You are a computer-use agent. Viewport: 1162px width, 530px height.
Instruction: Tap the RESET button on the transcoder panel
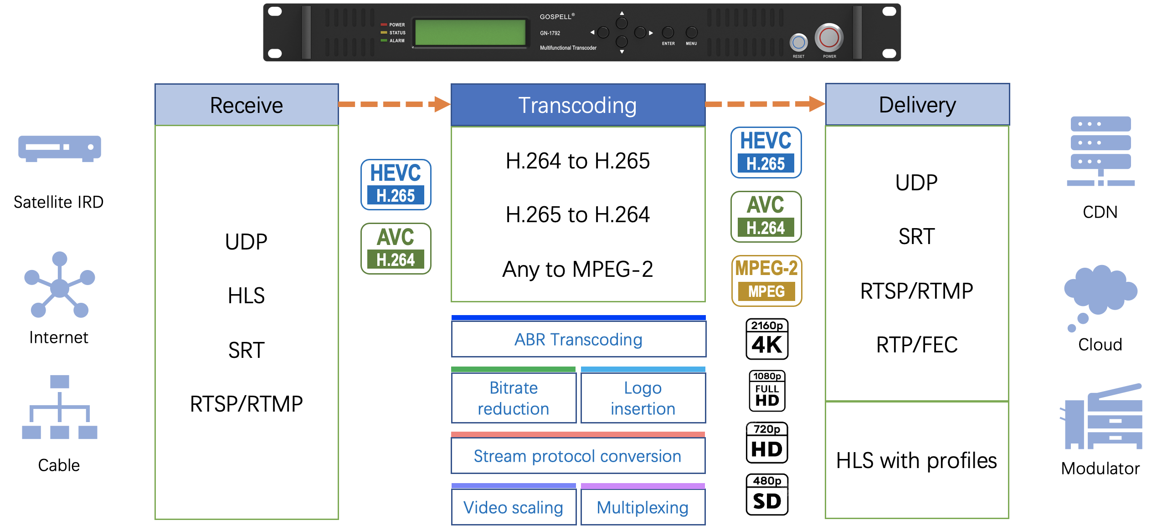(x=798, y=43)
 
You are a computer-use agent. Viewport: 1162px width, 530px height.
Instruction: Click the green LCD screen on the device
(x=470, y=32)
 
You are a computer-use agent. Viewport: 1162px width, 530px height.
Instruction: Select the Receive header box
(x=247, y=105)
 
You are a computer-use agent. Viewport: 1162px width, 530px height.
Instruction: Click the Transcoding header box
(x=578, y=105)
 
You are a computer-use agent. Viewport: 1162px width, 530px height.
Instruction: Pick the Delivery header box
(x=917, y=105)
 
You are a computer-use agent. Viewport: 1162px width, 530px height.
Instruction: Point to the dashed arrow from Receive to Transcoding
(x=394, y=104)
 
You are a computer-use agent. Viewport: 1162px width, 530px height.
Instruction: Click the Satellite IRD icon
(x=60, y=148)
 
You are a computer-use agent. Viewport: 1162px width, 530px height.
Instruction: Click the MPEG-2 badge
(x=766, y=280)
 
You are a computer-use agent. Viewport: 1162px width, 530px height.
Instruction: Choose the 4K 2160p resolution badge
(x=767, y=339)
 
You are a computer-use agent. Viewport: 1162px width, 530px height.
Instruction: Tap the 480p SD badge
(x=767, y=494)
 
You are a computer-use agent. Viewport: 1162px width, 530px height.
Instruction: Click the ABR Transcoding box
(x=578, y=340)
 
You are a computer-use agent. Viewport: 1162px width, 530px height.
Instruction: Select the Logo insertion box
(x=643, y=398)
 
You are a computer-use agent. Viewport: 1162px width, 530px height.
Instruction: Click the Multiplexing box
(x=643, y=507)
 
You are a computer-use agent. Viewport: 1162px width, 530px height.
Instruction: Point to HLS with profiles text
(x=916, y=460)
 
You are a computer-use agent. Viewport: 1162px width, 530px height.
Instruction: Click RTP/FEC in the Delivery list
(x=917, y=345)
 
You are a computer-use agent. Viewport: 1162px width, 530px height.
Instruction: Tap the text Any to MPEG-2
(x=578, y=269)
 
